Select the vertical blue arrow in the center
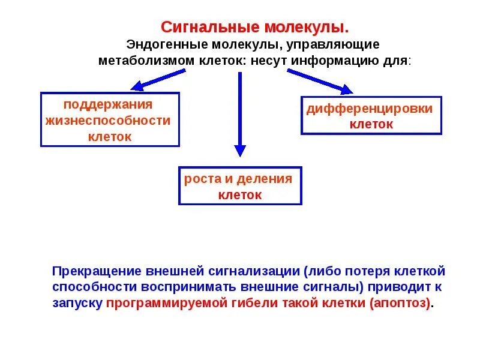[240, 114]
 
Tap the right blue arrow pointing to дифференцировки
[320, 82]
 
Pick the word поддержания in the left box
[108, 104]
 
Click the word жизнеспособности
[108, 120]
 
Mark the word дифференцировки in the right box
[370, 109]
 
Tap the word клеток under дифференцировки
[371, 125]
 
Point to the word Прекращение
[97, 271]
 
